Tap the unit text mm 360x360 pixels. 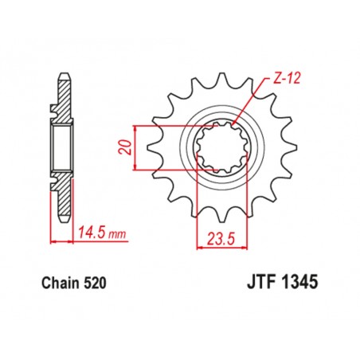[x=119, y=234]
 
